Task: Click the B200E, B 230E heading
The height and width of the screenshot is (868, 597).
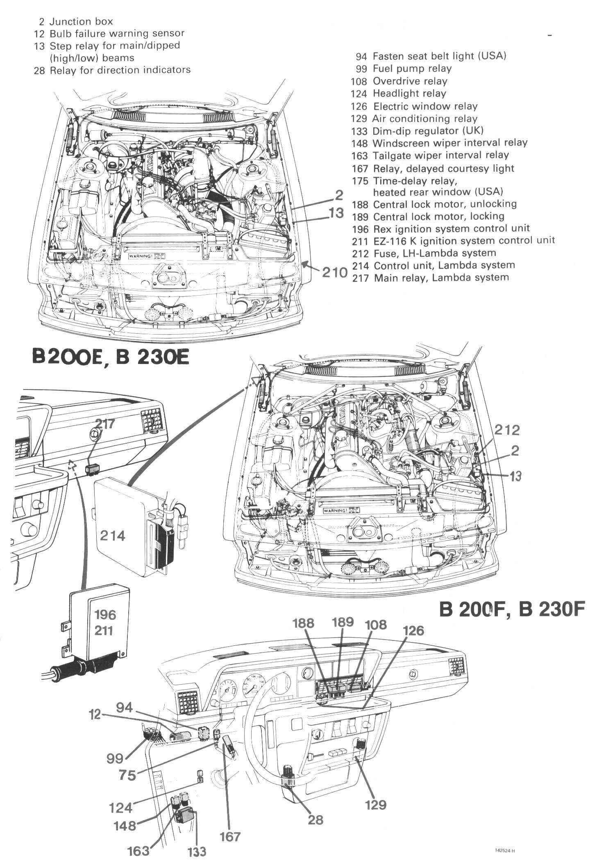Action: (x=111, y=356)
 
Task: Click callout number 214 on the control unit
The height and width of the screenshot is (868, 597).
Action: (x=113, y=535)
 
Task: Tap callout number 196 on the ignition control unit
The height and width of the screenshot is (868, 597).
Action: (x=105, y=615)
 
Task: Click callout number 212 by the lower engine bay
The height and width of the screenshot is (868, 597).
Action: (x=506, y=430)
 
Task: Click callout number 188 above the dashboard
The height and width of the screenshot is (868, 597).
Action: (x=304, y=624)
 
